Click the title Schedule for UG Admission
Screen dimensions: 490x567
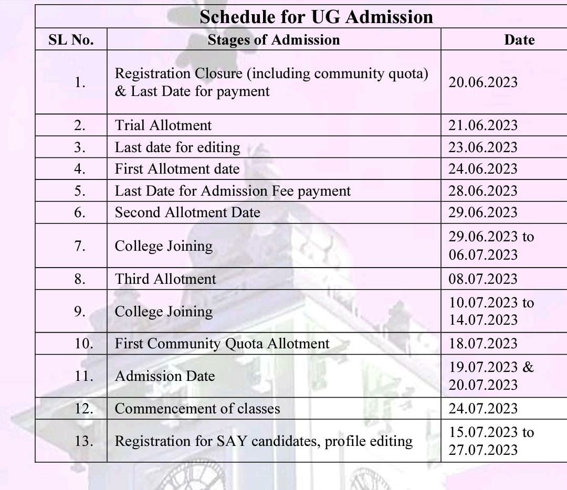point(316,17)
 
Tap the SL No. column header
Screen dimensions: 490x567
point(71,40)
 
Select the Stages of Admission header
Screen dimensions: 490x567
point(274,40)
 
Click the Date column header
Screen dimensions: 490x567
point(519,40)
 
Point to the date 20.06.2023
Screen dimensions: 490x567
point(482,82)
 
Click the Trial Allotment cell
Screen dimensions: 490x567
point(163,125)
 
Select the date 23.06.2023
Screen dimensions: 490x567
point(482,147)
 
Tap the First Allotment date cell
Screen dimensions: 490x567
point(177,169)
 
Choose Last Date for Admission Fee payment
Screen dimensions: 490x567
point(233,191)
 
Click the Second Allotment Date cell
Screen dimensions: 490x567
point(187,212)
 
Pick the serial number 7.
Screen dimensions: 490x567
point(80,246)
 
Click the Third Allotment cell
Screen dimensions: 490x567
point(165,279)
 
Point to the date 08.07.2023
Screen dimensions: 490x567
point(482,279)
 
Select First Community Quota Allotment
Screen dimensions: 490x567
point(222,344)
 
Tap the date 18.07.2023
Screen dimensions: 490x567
point(483,344)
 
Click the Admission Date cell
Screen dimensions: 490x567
point(165,376)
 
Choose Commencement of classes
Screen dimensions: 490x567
point(197,409)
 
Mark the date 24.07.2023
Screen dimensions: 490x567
point(482,409)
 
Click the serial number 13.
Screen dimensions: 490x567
point(83,441)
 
